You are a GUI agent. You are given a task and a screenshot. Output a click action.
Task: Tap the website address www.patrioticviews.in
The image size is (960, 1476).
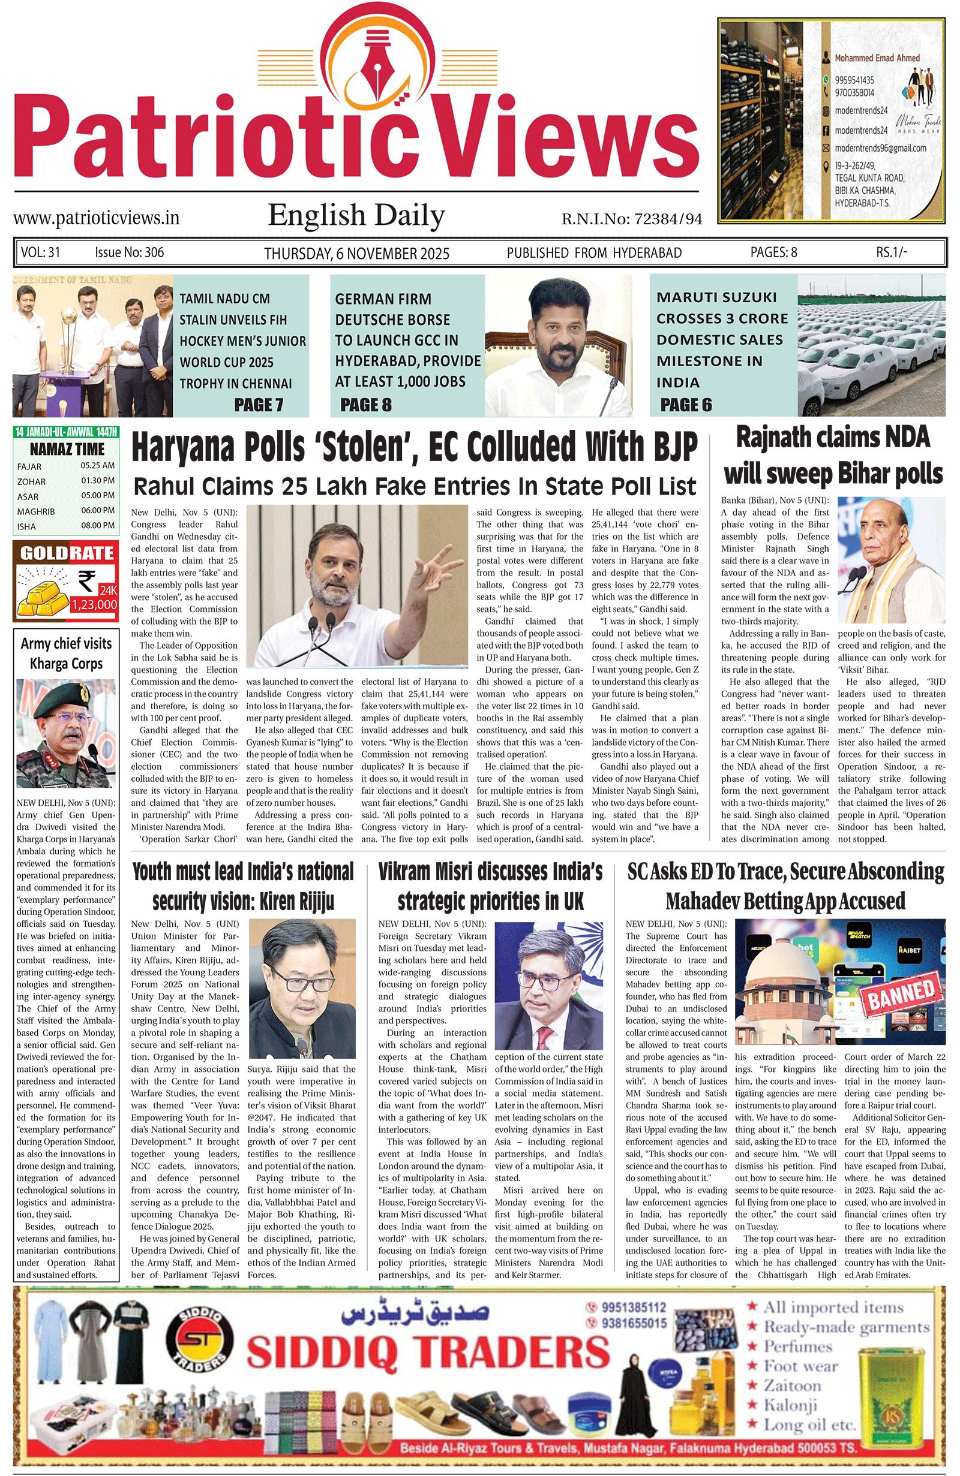coord(96,218)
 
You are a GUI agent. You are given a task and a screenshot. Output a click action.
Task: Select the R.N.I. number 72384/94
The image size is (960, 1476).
coord(667,219)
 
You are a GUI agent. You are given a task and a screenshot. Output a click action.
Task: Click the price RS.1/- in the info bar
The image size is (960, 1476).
coord(891,252)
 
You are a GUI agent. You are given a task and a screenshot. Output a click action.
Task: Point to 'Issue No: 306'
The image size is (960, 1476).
coord(129,252)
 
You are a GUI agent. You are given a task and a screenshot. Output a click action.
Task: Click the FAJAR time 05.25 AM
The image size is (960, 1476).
coord(97,465)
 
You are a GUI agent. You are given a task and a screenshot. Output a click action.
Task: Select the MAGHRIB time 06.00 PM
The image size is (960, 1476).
coord(97,510)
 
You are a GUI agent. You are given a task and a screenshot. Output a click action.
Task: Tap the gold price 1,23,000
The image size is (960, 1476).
coord(94,604)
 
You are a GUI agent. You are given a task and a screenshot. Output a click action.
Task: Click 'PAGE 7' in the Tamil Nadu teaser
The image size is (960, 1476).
coord(259,405)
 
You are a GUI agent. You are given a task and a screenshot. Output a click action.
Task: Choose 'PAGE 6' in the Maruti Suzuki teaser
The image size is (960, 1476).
coord(686,405)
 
